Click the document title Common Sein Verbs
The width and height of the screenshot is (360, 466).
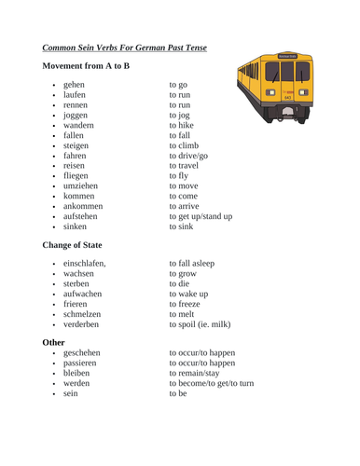[x=124, y=47]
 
